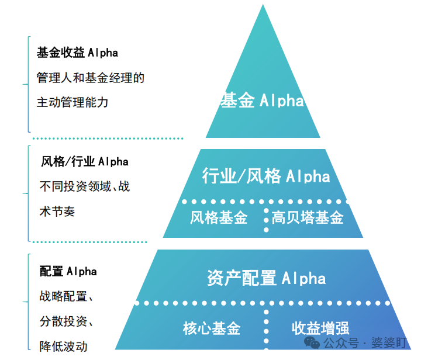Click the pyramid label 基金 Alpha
(x=262, y=101)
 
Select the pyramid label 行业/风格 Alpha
(x=266, y=176)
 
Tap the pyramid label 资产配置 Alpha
(x=266, y=278)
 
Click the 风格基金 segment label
(x=219, y=218)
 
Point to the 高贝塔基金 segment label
(x=308, y=218)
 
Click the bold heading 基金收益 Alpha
(x=77, y=53)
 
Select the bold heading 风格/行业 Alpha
(x=84, y=161)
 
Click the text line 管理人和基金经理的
(x=90, y=77)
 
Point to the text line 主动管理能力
(x=73, y=102)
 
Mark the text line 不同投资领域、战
(x=84, y=187)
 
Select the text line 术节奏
(x=57, y=212)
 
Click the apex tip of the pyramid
(x=263, y=6)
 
